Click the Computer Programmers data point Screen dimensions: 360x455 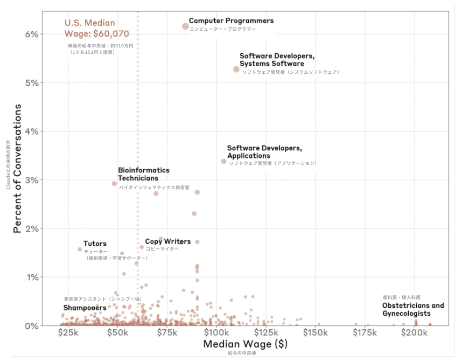pos(185,26)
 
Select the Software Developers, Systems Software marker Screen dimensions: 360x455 pos(236,69)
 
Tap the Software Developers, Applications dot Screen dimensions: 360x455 pos(224,161)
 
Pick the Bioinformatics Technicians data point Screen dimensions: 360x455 pos(114,183)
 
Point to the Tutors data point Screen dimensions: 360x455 pos(80,249)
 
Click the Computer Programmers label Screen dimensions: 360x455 pos(231,21)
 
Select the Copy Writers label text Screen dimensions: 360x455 pos(167,241)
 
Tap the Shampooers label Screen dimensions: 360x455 pos(85,308)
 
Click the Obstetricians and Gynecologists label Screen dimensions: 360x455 pos(413,309)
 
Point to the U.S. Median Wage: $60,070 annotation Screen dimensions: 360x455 pos(96,28)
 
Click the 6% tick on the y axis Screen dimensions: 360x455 pos(32,34)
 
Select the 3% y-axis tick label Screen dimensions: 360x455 pos(32,180)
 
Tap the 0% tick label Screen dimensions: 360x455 pos(32,326)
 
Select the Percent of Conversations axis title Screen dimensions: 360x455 pos(18,168)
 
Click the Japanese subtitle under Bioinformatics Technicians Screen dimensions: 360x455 pos(154,188)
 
